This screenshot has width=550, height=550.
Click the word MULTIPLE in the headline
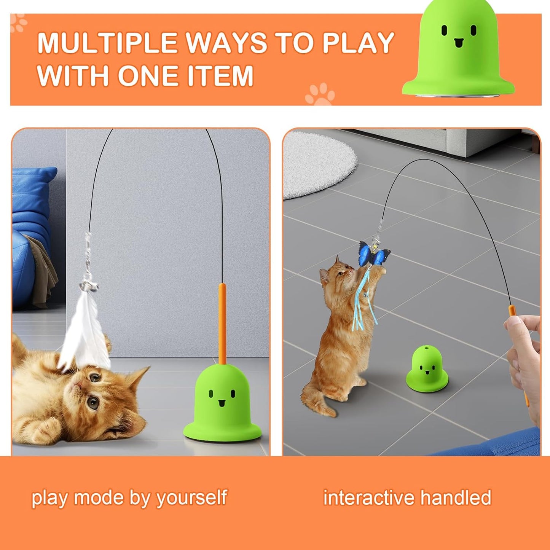pos(108,43)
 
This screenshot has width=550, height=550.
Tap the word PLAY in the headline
pos(358,43)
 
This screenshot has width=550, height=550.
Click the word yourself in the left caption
pos(191,498)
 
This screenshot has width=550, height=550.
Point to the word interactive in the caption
pos(368,497)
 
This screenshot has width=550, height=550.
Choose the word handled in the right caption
pos(456,497)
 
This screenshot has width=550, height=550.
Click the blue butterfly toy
pos(374,253)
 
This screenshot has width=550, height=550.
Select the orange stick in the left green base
pos(222,324)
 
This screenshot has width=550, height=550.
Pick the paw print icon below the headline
pos(320,94)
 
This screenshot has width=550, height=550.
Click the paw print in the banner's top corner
pos(19,23)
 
